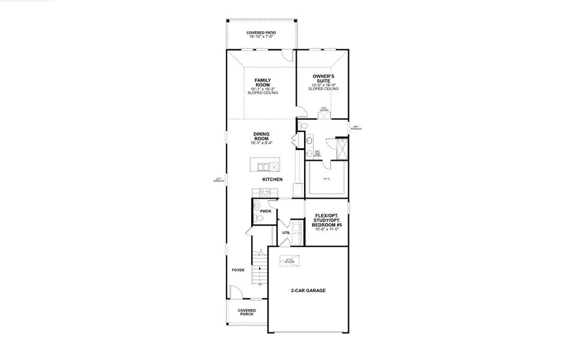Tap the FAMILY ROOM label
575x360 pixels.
point(262,82)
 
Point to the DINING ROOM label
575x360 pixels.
point(261,136)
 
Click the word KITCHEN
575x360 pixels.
point(272,179)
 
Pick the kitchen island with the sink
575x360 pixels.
point(264,166)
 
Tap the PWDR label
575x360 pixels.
point(266,211)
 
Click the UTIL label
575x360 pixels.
point(286,232)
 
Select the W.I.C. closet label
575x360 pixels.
point(327,179)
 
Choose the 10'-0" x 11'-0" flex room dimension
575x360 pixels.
point(326,230)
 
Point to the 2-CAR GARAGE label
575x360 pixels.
point(308,290)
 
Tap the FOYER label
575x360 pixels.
point(238,270)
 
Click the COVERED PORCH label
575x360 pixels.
point(246,313)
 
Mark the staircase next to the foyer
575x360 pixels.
point(258,270)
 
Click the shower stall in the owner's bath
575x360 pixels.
point(342,148)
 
